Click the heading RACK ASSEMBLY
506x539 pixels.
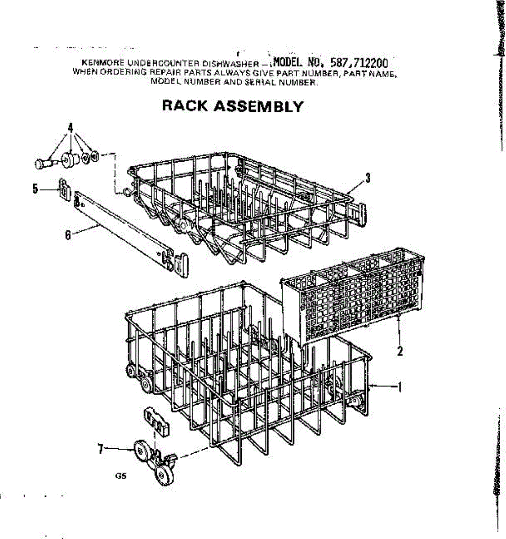coord(232,106)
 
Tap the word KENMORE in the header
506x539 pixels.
coord(96,63)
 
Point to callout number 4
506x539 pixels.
coord(70,127)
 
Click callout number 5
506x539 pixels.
coord(35,189)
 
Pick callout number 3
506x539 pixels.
coord(368,178)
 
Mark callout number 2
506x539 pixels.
coord(399,351)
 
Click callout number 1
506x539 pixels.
coord(399,387)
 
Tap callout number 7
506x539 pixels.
coord(101,448)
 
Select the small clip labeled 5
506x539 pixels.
coord(64,189)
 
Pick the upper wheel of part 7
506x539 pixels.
coord(142,449)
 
